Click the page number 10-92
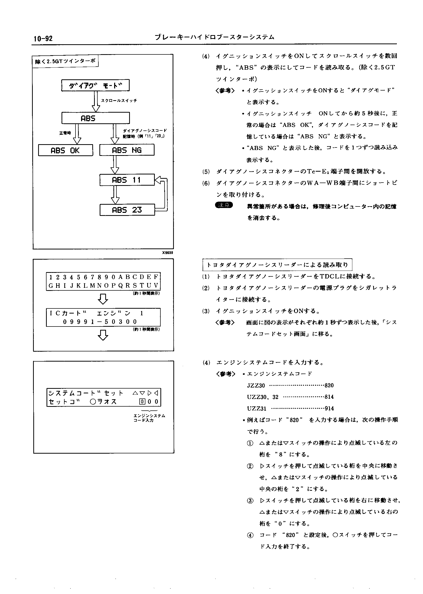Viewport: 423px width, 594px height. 43,39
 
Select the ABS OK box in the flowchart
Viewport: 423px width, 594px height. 65,150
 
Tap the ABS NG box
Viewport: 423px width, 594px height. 127,150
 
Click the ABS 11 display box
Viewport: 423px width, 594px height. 127,180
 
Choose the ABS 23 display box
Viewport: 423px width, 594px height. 127,210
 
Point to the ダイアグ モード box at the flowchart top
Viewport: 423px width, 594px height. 95,85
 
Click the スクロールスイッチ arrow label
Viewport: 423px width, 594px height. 119,100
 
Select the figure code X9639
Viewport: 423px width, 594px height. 168,253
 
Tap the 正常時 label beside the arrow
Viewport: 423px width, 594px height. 65,133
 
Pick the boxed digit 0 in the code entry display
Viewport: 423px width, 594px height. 142,402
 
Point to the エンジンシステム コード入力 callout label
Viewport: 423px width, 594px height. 149,418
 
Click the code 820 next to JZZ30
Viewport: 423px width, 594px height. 329,385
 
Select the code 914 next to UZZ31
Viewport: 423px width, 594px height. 329,408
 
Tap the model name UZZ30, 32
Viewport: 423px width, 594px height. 263,397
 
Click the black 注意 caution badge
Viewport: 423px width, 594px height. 224,205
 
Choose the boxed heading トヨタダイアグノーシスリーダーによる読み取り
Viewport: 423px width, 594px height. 277,265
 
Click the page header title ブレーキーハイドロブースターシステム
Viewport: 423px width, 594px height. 215,37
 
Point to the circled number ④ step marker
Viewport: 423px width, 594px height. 250,535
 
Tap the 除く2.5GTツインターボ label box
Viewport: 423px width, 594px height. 65,62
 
